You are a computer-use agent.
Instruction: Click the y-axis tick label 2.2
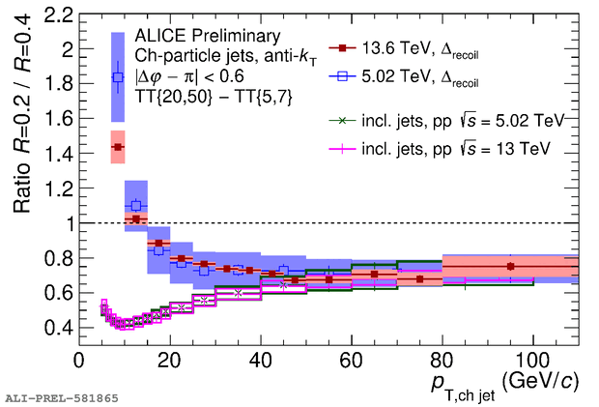coord(57,15)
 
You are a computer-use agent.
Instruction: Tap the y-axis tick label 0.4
coord(57,327)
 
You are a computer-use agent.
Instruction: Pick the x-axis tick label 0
coord(79,360)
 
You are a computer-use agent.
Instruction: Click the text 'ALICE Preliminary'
coord(200,37)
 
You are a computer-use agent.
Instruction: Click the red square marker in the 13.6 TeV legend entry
coord(341,45)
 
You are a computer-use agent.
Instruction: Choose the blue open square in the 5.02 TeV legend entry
coord(341,73)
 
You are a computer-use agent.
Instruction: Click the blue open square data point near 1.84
coord(118,77)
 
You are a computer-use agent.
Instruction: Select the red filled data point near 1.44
coord(118,147)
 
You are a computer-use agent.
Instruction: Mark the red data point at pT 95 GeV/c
coord(510,266)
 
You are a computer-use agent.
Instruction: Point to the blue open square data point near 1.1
coord(136,205)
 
